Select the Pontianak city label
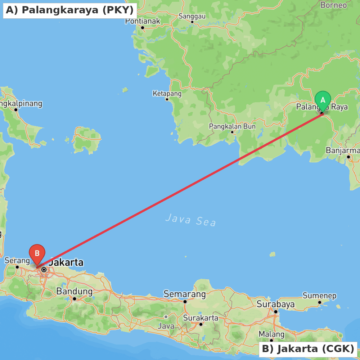click(x=143, y=21)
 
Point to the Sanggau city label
click(x=192, y=16)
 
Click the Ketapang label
click(x=167, y=94)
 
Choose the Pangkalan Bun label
click(x=232, y=126)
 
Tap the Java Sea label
click(x=191, y=220)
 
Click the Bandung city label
click(x=74, y=291)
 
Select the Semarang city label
click(x=185, y=294)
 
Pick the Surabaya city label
click(x=275, y=304)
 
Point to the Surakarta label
click(x=201, y=318)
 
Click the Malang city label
click(x=271, y=334)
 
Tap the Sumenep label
click(x=319, y=296)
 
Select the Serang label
click(x=17, y=260)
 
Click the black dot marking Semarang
click(x=185, y=302)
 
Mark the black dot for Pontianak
click(x=143, y=28)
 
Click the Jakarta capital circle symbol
click(x=44, y=269)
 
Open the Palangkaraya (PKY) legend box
click(x=70, y=10)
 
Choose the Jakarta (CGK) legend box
click(x=308, y=349)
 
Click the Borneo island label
click(x=333, y=5)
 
